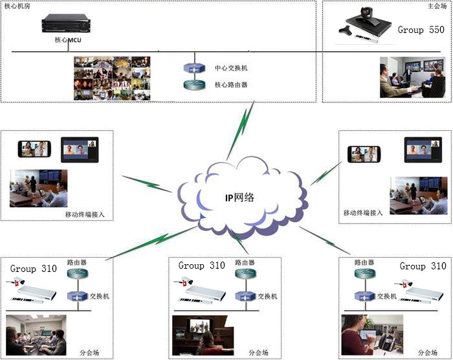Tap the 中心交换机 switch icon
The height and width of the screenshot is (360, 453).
pos(193,68)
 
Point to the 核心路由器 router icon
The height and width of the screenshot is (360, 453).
pos(193,84)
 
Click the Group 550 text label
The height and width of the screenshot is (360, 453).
pos(421,30)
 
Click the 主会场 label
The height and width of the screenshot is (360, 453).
pos(437,6)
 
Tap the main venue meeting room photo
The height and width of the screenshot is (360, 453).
pos(412,77)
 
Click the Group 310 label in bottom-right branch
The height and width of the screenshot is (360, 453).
pos(423,266)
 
